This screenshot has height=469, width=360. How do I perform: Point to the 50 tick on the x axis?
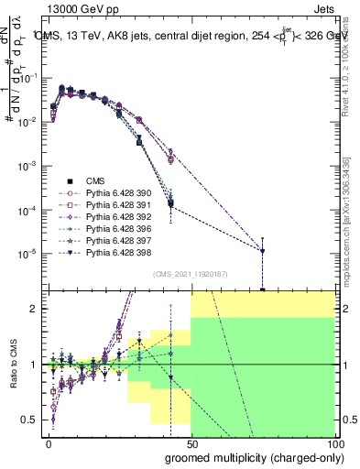[191, 444]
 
